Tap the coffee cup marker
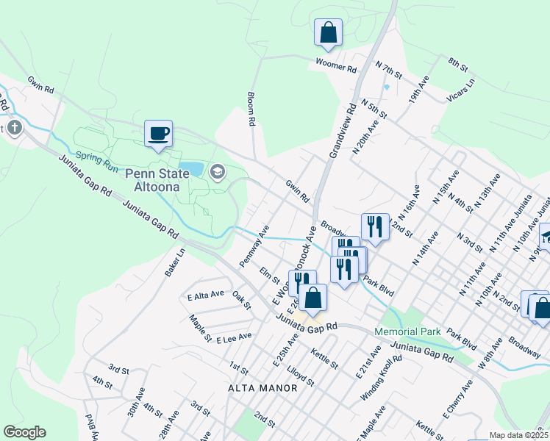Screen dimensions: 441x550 click(x=158, y=134)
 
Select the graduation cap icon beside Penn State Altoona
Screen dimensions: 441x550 click(x=217, y=172)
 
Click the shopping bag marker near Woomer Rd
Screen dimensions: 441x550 click(x=328, y=33)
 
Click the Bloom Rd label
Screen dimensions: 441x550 click(x=251, y=108)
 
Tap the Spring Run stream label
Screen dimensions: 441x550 click(x=96, y=161)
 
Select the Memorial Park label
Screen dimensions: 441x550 click(x=407, y=331)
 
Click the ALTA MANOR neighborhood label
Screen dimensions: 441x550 click(x=262, y=387)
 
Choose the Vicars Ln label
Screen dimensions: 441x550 click(x=461, y=91)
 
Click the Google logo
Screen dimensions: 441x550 click(x=24, y=431)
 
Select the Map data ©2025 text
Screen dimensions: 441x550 click(x=517, y=435)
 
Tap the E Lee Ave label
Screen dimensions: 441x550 click(x=234, y=336)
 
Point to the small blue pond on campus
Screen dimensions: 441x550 click(x=191, y=169)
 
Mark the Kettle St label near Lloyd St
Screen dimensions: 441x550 click(x=324, y=359)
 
